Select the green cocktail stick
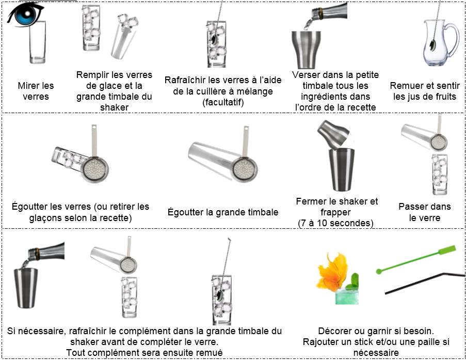pyautogui.click(x=415, y=259)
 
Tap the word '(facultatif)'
pyautogui.click(x=223, y=102)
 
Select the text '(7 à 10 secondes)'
pyautogui.click(x=335, y=223)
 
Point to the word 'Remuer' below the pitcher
pyautogui.click(x=404, y=86)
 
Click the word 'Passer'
pyautogui.click(x=412, y=207)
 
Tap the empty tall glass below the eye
pyautogui.click(x=38, y=42)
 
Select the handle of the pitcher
pyautogui.click(x=451, y=40)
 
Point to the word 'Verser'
pyautogui.click(x=306, y=75)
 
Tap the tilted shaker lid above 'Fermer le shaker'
pyautogui.click(x=333, y=134)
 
